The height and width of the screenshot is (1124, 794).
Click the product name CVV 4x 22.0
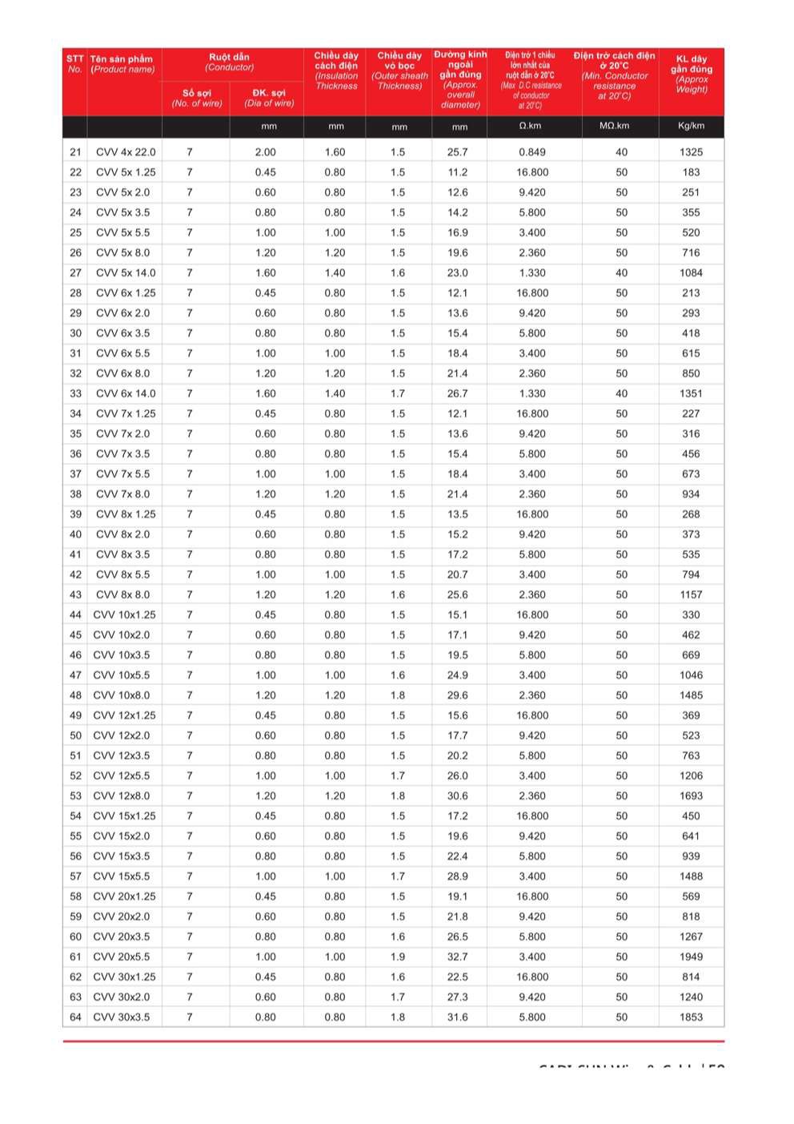click(x=126, y=152)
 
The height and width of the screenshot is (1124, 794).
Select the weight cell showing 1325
click(x=691, y=152)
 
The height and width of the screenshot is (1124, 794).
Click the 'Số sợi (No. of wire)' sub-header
click(x=197, y=98)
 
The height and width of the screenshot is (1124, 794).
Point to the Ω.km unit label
click(x=530, y=127)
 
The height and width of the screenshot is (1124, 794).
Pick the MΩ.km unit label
click(x=615, y=127)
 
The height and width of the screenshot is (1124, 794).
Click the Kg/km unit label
click(x=691, y=127)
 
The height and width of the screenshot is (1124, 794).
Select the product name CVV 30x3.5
click(x=122, y=1017)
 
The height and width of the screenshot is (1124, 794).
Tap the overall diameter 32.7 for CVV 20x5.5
click(x=458, y=957)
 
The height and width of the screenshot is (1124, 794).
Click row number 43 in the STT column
click(x=75, y=594)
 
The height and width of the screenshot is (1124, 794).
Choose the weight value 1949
click(x=691, y=957)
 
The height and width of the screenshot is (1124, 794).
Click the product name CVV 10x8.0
click(x=122, y=695)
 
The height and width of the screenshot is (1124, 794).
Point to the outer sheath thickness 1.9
click(x=398, y=957)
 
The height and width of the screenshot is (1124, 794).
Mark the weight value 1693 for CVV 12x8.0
click(x=691, y=796)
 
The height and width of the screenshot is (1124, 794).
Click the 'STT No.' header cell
click(x=75, y=64)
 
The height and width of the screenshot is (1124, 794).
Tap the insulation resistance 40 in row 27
click(x=622, y=273)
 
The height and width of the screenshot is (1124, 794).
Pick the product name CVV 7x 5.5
click(x=122, y=474)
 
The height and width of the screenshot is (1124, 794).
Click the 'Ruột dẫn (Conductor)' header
click(x=230, y=62)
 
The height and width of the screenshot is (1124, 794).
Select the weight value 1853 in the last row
click(x=691, y=1017)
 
